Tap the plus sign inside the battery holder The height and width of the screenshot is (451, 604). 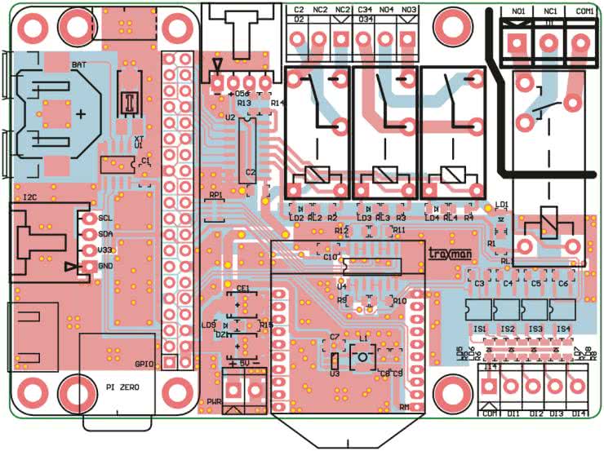(81, 115)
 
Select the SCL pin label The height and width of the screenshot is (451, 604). (104, 218)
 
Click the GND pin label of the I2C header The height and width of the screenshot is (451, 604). (105, 266)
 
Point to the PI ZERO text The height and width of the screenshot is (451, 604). (122, 387)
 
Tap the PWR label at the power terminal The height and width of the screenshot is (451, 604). (215, 401)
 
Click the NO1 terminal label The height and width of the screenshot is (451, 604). (518, 12)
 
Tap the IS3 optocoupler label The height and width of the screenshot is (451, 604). (535, 329)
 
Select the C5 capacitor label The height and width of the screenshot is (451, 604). (535, 283)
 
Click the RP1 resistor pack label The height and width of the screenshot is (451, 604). (215, 196)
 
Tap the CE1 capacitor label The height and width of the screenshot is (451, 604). (242, 289)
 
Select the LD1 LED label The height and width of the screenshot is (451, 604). (502, 204)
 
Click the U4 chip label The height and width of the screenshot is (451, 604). (341, 286)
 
